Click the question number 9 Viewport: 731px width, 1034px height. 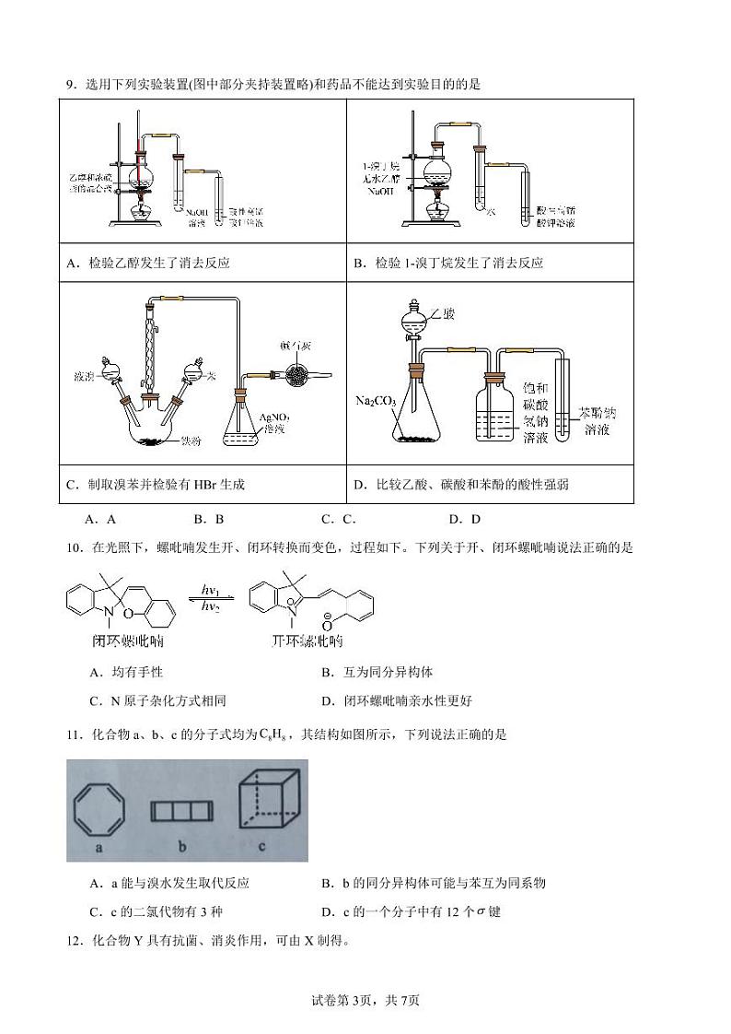[70, 85]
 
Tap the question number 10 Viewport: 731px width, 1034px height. [73, 547]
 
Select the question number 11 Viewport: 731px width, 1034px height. [73, 734]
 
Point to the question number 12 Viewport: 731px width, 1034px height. [73, 941]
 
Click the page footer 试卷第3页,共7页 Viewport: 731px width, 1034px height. [365, 1001]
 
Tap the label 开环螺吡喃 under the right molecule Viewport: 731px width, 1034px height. [304, 641]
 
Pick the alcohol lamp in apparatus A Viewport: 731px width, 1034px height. [141, 211]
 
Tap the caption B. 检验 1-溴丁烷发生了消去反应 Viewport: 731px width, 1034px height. [448, 263]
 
